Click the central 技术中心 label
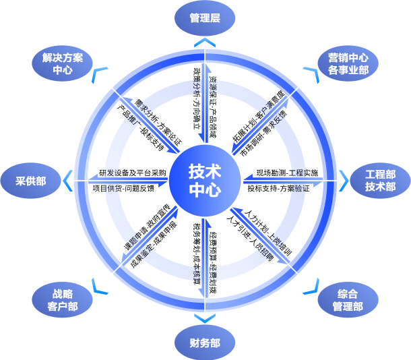click(x=205, y=180)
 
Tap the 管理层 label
click(x=205, y=18)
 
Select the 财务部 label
click(x=205, y=343)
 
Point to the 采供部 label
click(x=31, y=181)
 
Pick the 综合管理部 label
click(x=348, y=300)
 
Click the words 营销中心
click(x=348, y=57)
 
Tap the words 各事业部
click(x=348, y=69)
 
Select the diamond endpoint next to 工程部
click(x=341, y=181)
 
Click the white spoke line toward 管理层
click(x=205, y=101)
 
